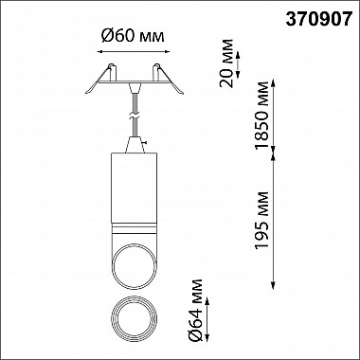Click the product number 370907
pos(318,20)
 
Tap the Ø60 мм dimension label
pos(133,37)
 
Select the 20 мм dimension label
pos(227,63)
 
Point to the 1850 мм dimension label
pos(262,116)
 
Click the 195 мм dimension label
pos(262,220)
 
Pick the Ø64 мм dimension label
pos(195,311)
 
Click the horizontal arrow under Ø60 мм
pos(133,51)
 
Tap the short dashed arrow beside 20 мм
pos(238,64)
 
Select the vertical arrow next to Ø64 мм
pos(207,319)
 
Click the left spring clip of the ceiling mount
pos(98,82)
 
